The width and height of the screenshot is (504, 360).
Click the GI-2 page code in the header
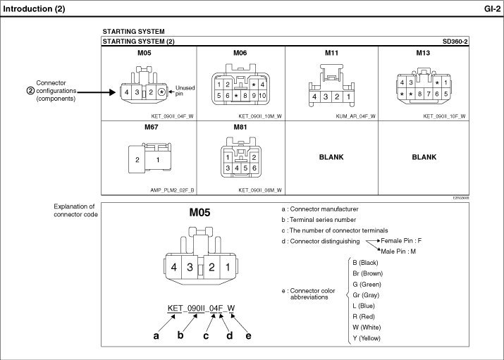pyautogui.click(x=491, y=8)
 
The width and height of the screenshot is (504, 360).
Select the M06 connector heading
pyautogui.click(x=240, y=53)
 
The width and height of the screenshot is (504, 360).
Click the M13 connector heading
pyautogui.click(x=423, y=53)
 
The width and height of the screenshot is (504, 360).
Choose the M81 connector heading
pyautogui.click(x=240, y=127)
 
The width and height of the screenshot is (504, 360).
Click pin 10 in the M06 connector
pyautogui.click(x=262, y=96)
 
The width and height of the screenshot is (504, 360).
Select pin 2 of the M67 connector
pyautogui.click(x=137, y=160)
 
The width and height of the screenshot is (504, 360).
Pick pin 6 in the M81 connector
pyautogui.click(x=251, y=168)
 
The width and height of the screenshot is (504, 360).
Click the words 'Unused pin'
pyautogui.click(x=185, y=90)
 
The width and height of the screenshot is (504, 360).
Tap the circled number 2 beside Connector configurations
pyautogui.click(x=30, y=90)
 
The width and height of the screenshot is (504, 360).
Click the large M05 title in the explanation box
pyautogui.click(x=200, y=211)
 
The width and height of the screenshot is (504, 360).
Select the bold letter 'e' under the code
pyautogui.click(x=248, y=335)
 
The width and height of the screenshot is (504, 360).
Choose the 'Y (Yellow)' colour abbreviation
pyautogui.click(x=366, y=338)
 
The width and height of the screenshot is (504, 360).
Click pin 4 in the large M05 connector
pyautogui.click(x=173, y=267)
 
